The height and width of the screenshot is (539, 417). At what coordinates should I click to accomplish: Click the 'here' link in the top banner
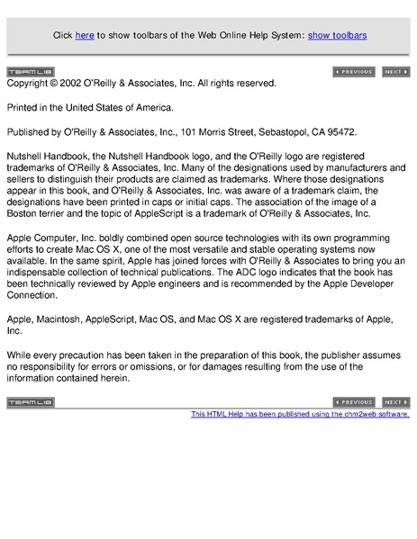[85, 35]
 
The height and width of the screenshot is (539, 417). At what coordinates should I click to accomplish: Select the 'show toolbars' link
[337, 35]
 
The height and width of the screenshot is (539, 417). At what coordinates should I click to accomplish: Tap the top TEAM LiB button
[30, 72]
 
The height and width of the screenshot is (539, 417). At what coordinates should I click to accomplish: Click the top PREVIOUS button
[354, 72]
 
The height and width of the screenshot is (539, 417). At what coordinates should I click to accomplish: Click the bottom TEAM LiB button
[30, 402]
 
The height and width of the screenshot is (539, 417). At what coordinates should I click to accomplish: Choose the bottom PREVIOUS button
[354, 402]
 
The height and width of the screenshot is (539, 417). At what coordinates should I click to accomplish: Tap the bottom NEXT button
[396, 402]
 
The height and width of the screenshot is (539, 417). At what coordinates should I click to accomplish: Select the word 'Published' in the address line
[31, 130]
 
